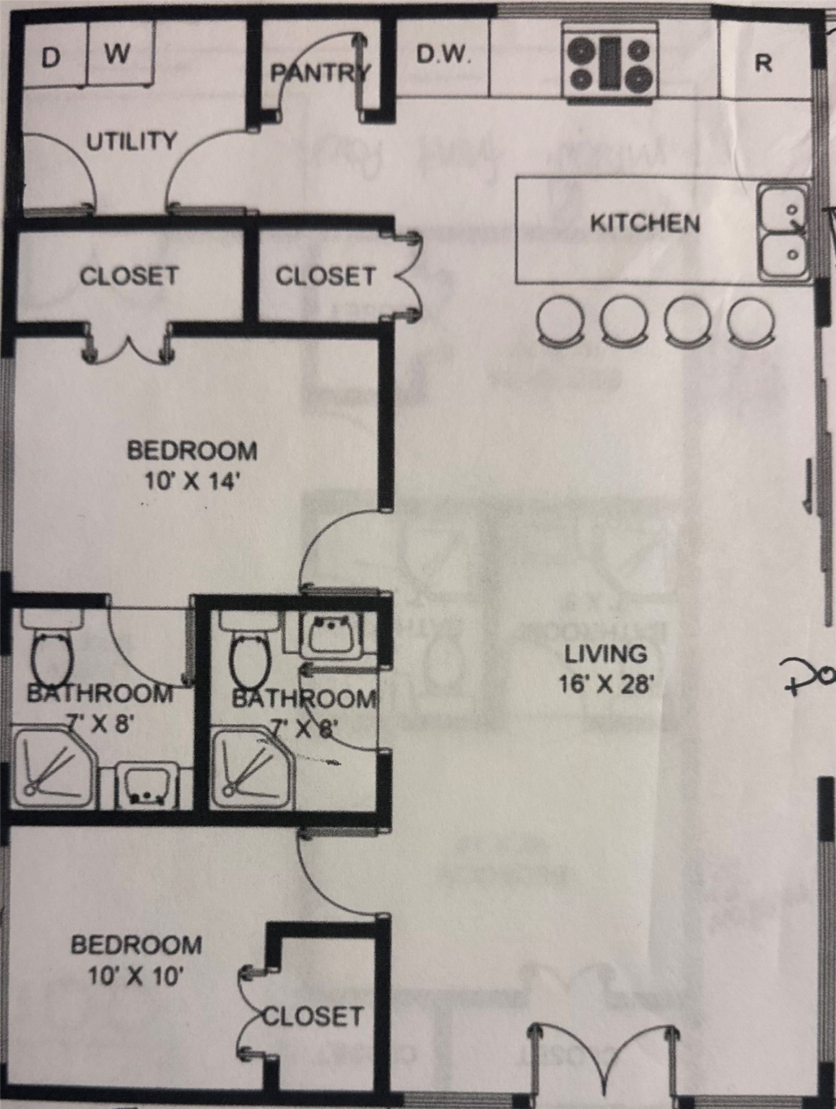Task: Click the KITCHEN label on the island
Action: pyautogui.click(x=645, y=223)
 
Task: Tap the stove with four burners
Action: pyautogui.click(x=611, y=64)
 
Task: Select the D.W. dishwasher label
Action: pyautogui.click(x=443, y=56)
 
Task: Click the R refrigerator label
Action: pyautogui.click(x=763, y=64)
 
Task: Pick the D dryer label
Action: pyautogui.click(x=49, y=57)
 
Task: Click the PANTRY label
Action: pyautogui.click(x=320, y=73)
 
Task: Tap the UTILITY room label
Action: pyautogui.click(x=131, y=141)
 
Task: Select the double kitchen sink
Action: pyautogui.click(x=782, y=232)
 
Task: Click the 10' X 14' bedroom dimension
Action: pyautogui.click(x=192, y=481)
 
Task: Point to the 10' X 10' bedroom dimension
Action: pyautogui.click(x=136, y=976)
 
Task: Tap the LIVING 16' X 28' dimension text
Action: pyautogui.click(x=606, y=682)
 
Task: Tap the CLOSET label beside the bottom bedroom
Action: pyautogui.click(x=312, y=1016)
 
